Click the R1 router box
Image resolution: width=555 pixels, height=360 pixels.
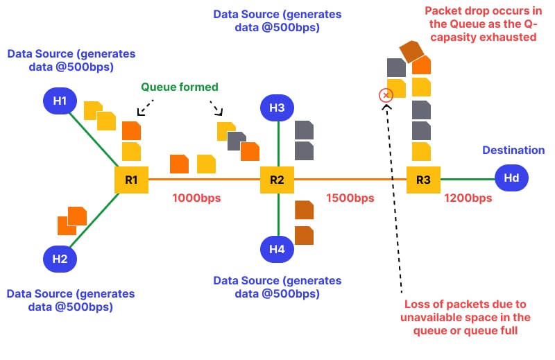[131, 180]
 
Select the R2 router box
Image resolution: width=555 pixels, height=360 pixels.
[277, 180]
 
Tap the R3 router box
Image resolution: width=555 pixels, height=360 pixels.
[423, 180]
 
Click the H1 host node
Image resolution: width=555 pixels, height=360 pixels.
[60, 101]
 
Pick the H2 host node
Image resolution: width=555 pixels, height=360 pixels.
[60, 259]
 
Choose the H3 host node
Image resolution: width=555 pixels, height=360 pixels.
[277, 108]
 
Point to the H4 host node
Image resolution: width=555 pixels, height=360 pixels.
[277, 249]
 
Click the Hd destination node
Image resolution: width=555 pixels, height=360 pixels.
[511, 178]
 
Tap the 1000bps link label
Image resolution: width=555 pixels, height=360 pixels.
[196, 198]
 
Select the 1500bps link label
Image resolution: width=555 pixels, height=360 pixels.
[350, 198]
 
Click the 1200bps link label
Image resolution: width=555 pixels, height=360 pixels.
[468, 198]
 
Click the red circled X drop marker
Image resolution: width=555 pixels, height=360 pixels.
[386, 95]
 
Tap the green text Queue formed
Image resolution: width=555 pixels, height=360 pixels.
[179, 87]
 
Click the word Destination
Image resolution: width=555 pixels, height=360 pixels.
[513, 151]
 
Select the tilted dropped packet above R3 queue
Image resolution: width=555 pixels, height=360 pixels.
[411, 51]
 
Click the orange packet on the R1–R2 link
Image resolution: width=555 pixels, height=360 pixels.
[180, 164]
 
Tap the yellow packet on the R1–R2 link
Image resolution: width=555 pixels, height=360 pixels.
[206, 164]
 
